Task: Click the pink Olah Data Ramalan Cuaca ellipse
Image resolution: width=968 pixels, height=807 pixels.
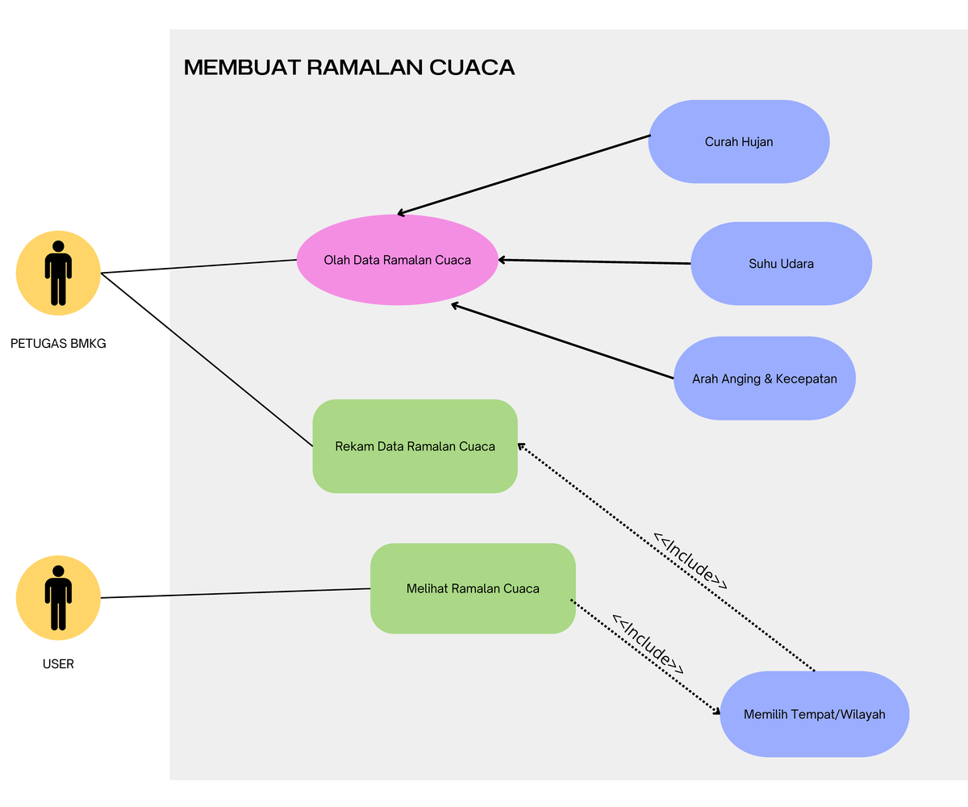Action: click(397, 260)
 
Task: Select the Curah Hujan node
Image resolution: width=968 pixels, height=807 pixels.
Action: click(739, 142)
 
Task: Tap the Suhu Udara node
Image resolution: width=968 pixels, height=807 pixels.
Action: click(781, 264)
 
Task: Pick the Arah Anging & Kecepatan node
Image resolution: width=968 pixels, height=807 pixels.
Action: click(764, 378)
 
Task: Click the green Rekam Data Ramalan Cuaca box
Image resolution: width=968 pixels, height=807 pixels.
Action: click(415, 446)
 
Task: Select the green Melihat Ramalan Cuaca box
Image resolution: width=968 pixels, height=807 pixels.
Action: click(473, 588)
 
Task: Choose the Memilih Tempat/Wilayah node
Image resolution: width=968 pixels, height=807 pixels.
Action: click(814, 714)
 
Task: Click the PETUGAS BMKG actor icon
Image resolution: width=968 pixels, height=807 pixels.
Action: click(58, 273)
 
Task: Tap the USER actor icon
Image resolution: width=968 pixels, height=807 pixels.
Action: click(58, 598)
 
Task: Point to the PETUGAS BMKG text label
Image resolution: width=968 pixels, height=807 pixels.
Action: click(58, 344)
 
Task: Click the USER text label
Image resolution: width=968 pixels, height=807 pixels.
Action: click(58, 665)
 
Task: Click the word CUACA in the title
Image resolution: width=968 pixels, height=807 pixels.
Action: click(472, 68)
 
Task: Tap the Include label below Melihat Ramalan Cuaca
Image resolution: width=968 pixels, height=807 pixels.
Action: click(648, 645)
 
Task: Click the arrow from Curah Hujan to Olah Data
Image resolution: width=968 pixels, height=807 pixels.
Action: click(524, 175)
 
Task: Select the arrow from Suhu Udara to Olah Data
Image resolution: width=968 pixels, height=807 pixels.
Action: click(595, 261)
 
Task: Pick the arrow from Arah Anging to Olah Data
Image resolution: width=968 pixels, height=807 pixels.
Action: click(562, 341)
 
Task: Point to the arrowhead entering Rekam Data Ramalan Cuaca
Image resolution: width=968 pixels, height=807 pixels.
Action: click(521, 445)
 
